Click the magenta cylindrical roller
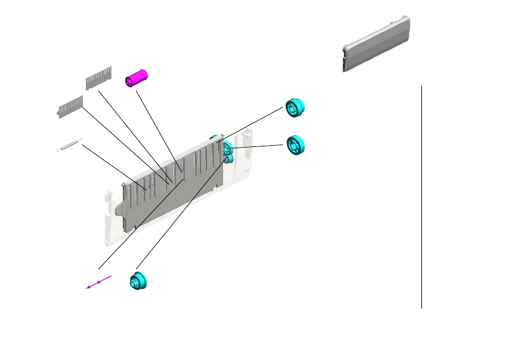point(137,78)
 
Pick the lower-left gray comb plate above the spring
point(70,106)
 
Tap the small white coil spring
point(69,145)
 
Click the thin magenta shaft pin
point(99,282)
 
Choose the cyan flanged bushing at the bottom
point(138,281)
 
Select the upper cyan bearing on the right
point(295,107)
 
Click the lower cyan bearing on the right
point(295,145)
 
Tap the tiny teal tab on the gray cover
point(392,23)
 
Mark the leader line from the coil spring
point(112,166)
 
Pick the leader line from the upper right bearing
point(254,124)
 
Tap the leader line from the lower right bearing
point(257,146)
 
